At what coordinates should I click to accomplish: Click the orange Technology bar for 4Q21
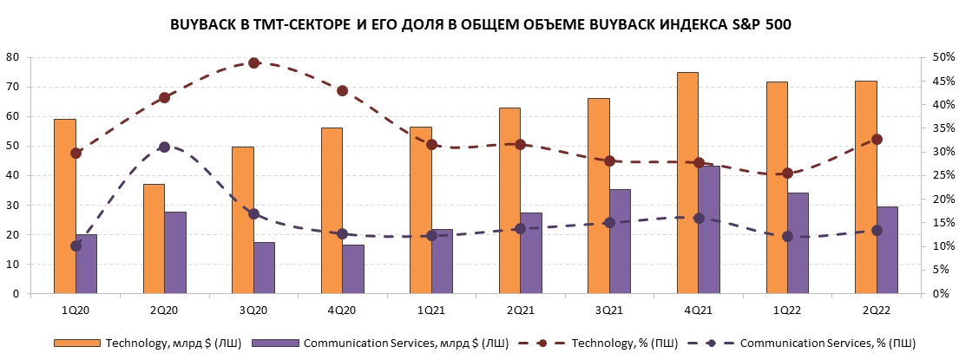[687, 182]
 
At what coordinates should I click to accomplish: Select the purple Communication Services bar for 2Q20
[175, 252]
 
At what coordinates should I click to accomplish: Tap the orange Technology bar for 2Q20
[154, 239]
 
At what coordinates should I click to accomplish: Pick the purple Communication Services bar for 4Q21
[709, 230]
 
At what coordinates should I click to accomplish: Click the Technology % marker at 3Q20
[253, 62]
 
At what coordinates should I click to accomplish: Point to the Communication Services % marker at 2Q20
[165, 147]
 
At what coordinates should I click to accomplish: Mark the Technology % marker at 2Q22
[877, 139]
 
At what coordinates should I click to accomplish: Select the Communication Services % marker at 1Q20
[76, 245]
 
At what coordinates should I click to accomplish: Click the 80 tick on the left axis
[12, 57]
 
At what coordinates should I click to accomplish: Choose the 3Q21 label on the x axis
[609, 309]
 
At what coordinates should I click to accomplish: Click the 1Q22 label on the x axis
[787, 309]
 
